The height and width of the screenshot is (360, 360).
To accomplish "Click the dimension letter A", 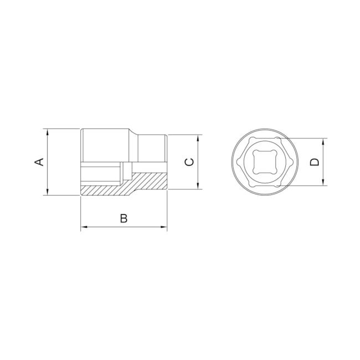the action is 39,162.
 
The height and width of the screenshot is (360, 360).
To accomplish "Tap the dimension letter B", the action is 124,218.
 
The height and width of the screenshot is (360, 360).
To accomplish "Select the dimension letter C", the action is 189,162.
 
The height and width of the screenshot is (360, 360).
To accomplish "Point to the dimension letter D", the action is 315,162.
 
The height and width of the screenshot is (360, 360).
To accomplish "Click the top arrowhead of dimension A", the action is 48,132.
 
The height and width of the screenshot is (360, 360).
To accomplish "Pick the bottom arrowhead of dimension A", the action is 48,192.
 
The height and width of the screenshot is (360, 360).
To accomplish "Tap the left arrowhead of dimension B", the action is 84,227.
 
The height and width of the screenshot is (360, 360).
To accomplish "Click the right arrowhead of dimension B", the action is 164,227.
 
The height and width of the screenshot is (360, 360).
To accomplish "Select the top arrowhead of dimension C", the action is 198,138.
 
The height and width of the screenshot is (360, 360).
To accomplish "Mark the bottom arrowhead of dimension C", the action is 198,186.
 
